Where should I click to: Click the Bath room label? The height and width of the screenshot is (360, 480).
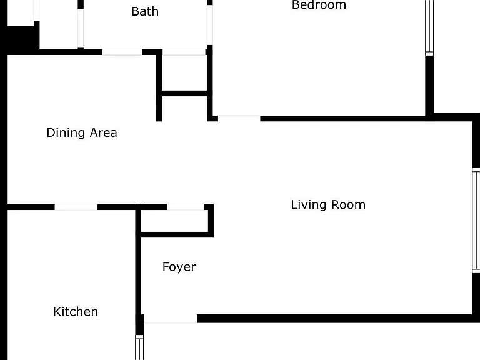pos(145,11)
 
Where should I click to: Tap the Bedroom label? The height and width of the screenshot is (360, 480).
pos(319,4)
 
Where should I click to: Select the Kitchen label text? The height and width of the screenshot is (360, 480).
pos(76,312)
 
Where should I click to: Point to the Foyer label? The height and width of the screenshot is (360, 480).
pos(179,267)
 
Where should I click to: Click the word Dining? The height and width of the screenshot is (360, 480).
pos(66,133)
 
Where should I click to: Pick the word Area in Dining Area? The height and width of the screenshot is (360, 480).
pos(104,133)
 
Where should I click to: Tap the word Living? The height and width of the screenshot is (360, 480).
pos(308,205)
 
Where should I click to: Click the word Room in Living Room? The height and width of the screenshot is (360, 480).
pos(349,205)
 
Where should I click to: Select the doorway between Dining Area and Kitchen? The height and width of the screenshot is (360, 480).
pos(76,207)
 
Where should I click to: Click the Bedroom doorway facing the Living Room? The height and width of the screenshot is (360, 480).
pos(239,119)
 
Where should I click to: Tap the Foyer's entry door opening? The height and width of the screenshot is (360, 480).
pos(171,319)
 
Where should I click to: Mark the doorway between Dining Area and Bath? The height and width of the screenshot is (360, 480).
pos(122,52)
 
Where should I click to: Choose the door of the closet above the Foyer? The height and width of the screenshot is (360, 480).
pos(186,207)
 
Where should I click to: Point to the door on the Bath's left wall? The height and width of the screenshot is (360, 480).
pos(81,28)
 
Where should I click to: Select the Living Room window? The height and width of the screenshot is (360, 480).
pos(476,221)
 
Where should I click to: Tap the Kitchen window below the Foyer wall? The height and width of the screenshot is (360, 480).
pos(139,347)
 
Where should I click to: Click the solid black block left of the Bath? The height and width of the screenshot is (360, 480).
pos(21,37)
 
